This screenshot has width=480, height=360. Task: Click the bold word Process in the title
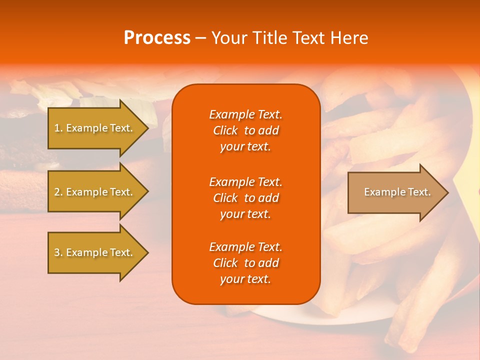(x=157, y=38)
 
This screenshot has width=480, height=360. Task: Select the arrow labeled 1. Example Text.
(x=95, y=128)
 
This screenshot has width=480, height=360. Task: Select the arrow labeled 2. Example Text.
(x=95, y=192)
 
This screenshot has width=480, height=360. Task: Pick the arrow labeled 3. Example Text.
(x=95, y=252)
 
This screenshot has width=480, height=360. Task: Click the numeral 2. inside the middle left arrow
(x=58, y=192)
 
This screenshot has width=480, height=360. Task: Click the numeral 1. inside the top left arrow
(x=58, y=128)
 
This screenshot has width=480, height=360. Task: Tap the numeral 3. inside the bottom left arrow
(x=58, y=252)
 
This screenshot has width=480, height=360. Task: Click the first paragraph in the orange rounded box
(x=245, y=130)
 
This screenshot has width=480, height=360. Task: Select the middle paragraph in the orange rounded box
(x=245, y=198)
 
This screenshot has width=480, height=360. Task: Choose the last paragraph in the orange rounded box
(x=245, y=263)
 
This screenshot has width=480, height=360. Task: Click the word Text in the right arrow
(x=419, y=192)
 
